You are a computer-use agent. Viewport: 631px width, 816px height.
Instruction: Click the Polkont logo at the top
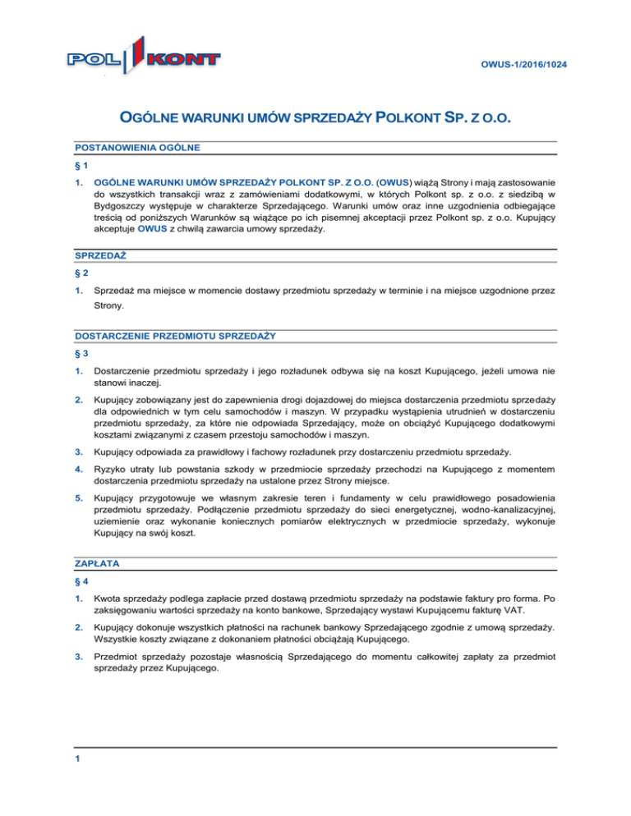coord(144,59)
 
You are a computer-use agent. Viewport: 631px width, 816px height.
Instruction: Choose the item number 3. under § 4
coord(77,658)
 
